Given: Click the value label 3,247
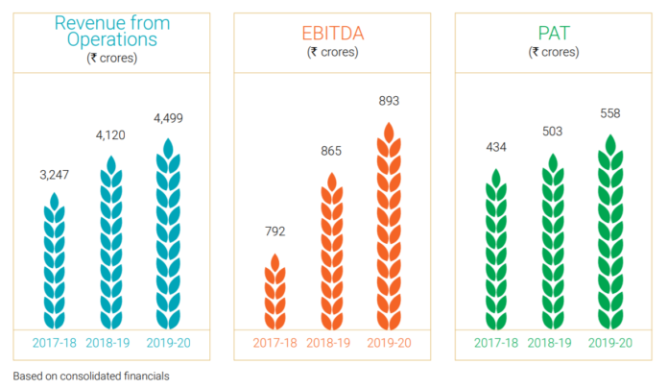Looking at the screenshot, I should (x=55, y=177).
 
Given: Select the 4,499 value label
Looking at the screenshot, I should (x=168, y=118).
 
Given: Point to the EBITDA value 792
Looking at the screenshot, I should (x=275, y=231).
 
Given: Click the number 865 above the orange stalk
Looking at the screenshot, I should (x=332, y=152).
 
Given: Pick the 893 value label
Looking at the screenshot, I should (x=388, y=100).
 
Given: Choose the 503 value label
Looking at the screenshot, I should (x=552, y=132).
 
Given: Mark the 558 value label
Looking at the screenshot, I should (x=609, y=113).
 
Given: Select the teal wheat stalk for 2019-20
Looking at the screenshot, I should (x=168, y=235).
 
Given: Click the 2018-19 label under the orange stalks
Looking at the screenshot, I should (x=332, y=343).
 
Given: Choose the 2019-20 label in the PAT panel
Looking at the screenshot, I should (x=609, y=343).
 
